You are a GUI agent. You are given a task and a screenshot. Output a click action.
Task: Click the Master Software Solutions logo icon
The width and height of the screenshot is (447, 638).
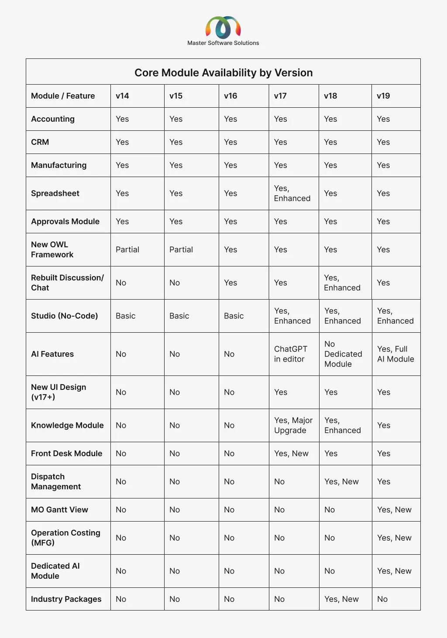pos(223,27)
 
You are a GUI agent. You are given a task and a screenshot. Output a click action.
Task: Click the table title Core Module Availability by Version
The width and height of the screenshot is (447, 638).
pos(223,72)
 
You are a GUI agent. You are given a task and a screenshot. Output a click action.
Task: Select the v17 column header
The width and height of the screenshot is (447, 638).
pos(280,96)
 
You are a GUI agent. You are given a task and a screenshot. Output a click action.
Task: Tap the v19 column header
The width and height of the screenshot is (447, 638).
pos(383,96)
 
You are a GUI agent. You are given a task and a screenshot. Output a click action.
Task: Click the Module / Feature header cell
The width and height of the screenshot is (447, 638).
pos(63,96)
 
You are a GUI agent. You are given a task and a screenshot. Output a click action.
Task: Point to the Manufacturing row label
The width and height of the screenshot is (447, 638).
pos(59,165)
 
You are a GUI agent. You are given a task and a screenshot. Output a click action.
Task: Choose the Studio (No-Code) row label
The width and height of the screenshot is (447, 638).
pos(65,316)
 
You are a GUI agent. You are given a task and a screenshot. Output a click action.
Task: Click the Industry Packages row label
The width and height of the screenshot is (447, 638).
pos(66,599)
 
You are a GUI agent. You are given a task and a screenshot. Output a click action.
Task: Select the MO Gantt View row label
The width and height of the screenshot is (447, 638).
pos(60,510)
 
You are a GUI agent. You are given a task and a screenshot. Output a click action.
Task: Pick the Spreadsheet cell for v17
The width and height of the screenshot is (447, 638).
pos(292,193)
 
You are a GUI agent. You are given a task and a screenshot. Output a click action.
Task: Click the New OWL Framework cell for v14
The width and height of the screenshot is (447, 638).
pos(127,249)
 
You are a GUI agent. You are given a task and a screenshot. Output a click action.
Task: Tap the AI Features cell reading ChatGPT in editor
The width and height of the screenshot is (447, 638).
pos(291,354)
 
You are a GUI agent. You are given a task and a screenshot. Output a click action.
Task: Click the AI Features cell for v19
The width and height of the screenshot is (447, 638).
pos(395,354)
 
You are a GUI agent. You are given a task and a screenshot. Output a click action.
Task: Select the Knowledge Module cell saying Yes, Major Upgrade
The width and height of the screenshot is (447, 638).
pos(293,425)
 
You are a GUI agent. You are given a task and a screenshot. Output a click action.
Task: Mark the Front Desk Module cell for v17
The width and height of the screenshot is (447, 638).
pos(291,454)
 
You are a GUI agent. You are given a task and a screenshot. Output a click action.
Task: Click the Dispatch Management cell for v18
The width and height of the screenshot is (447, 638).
pos(341,481)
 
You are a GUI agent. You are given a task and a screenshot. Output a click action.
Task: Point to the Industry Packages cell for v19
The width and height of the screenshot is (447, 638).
pos(382,599)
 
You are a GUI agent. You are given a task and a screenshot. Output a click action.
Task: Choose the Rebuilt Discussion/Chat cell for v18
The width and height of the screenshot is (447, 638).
pos(342,283)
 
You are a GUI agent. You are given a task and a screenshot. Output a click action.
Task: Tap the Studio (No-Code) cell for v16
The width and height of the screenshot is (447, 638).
pos(234,316)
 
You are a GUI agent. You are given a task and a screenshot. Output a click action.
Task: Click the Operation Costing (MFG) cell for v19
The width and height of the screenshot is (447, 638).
pos(394,538)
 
